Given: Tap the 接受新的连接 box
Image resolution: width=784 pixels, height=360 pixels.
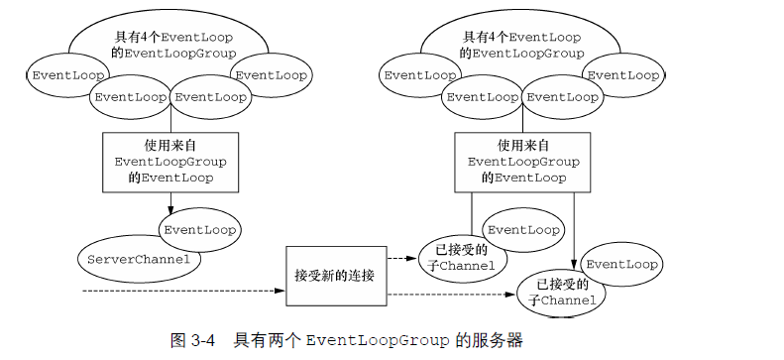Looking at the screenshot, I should click(x=334, y=273).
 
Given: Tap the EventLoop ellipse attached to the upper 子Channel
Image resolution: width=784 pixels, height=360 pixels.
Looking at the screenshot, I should click(x=523, y=230).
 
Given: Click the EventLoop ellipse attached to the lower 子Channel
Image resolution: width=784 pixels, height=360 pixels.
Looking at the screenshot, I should click(x=619, y=265).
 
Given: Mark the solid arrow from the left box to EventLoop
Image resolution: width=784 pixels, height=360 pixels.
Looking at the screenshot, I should click(x=170, y=201).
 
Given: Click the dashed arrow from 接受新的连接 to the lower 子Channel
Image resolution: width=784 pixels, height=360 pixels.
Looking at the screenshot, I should click(x=451, y=294).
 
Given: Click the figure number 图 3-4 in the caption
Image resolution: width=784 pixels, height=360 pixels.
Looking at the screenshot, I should click(x=194, y=340).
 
